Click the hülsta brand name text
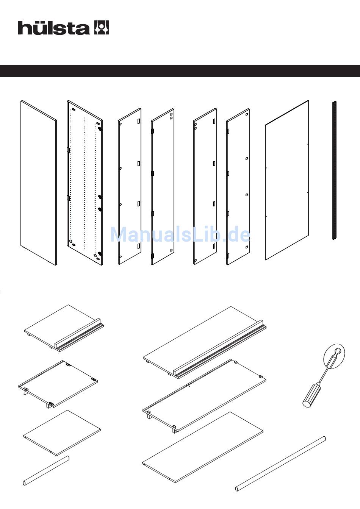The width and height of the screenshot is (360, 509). point(53,28)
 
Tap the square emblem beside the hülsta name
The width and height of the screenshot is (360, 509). point(101,28)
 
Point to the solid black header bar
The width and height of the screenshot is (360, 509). point(180,71)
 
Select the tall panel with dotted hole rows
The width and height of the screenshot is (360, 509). point(85,184)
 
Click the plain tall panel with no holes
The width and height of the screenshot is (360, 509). point(38,183)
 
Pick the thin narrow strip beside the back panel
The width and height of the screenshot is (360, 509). point(334,170)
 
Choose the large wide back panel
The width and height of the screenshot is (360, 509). point(287,180)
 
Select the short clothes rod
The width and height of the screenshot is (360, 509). point(45,470)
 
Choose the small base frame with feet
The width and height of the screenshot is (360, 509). point(58,383)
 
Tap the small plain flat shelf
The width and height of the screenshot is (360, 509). point(62,432)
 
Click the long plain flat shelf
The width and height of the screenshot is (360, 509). point(203,447)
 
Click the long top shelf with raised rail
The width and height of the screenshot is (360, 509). point(197,341)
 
